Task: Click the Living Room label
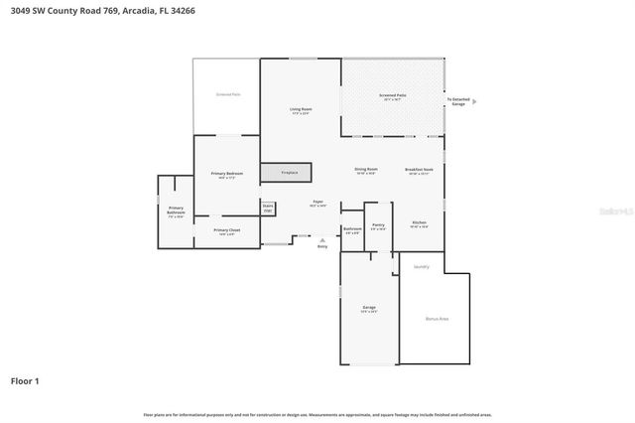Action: pyautogui.click(x=301, y=110)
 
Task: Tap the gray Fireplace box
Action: pyautogui.click(x=287, y=173)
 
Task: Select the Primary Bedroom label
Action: pyautogui.click(x=227, y=175)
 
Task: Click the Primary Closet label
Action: pyautogui.click(x=227, y=232)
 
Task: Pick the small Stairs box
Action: pyautogui.click(x=268, y=209)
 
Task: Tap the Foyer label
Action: pyautogui.click(x=317, y=204)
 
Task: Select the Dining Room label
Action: pyautogui.click(x=366, y=171)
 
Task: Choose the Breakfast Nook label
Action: pyautogui.click(x=419, y=171)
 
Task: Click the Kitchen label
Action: pyautogui.click(x=419, y=223)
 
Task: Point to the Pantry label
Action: pyautogui.click(x=378, y=226)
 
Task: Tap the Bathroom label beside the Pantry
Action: pyautogui.click(x=352, y=230)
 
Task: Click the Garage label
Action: pyautogui.click(x=368, y=309)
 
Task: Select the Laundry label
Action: pyautogui.click(x=422, y=266)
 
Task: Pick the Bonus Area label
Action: pyautogui.click(x=437, y=318)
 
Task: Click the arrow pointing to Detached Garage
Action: pyautogui.click(x=474, y=101)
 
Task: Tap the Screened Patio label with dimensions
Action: pyautogui.click(x=393, y=97)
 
